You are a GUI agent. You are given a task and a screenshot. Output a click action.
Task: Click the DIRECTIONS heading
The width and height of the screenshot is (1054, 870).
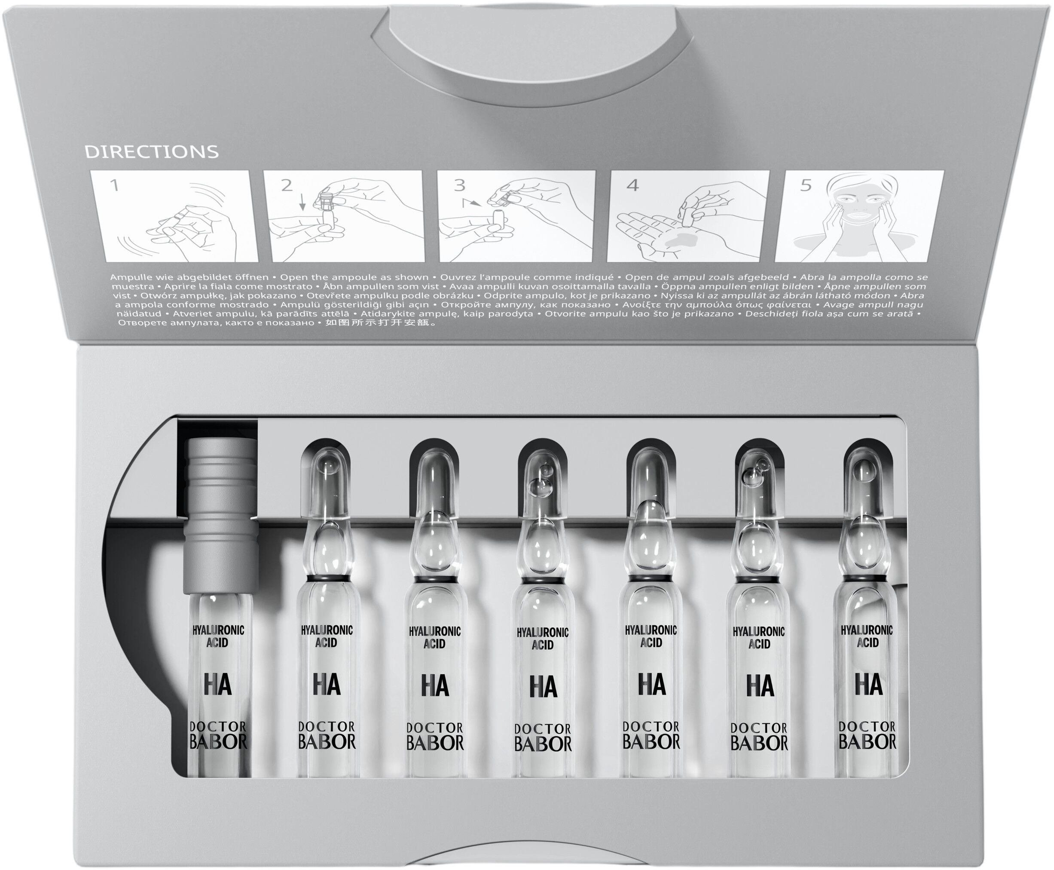point(151,151)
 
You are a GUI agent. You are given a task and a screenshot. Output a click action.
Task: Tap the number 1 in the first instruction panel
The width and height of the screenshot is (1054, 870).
point(115,186)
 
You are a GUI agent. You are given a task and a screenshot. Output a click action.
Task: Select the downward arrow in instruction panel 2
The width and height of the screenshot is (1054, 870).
point(302,203)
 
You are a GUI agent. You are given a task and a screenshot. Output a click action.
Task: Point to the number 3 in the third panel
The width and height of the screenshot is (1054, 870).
point(459,185)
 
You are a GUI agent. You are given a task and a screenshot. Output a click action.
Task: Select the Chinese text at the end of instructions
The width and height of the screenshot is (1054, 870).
point(381,323)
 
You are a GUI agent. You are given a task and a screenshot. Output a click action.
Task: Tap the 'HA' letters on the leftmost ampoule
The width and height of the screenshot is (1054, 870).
point(218,686)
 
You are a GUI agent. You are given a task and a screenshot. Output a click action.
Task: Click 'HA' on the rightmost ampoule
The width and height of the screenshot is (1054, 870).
point(869,685)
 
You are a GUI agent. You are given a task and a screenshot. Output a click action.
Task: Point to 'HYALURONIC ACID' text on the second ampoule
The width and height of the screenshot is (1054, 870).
point(327,636)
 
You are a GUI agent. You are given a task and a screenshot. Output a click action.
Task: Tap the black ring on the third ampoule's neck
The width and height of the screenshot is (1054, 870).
point(434,579)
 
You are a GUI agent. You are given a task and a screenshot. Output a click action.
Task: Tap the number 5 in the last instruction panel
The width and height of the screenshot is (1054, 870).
point(805,185)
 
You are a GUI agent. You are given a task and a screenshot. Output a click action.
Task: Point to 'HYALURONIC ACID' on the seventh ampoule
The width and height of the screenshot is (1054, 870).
point(867,636)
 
